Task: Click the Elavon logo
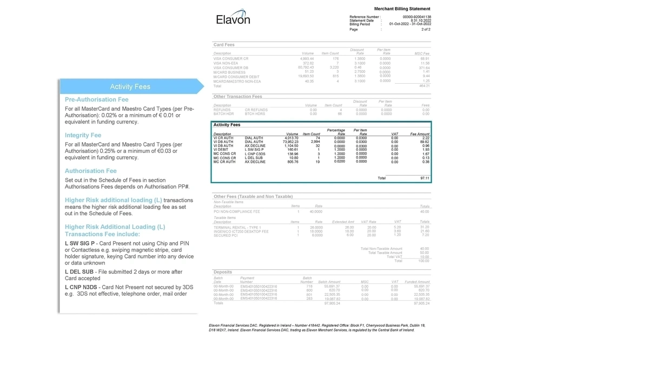pyautogui.click(x=233, y=19)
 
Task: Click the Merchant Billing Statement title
pyautogui.click(x=402, y=9)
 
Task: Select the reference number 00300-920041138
pyautogui.click(x=417, y=17)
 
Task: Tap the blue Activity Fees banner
pyautogui.click(x=130, y=87)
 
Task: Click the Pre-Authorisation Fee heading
pyautogui.click(x=97, y=99)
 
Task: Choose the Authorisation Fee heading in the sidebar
pyautogui.click(x=91, y=171)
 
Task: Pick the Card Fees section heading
pyautogui.click(x=224, y=44)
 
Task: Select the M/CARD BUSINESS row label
pyautogui.click(x=229, y=72)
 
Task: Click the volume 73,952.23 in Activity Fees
pyautogui.click(x=288, y=142)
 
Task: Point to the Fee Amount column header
pyautogui.click(x=420, y=134)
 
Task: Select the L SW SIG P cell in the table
pyautogui.click(x=254, y=150)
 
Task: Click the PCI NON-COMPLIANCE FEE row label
pyautogui.click(x=237, y=212)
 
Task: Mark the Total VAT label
pyautogui.click(x=394, y=257)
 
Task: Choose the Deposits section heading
pyautogui.click(x=223, y=272)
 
